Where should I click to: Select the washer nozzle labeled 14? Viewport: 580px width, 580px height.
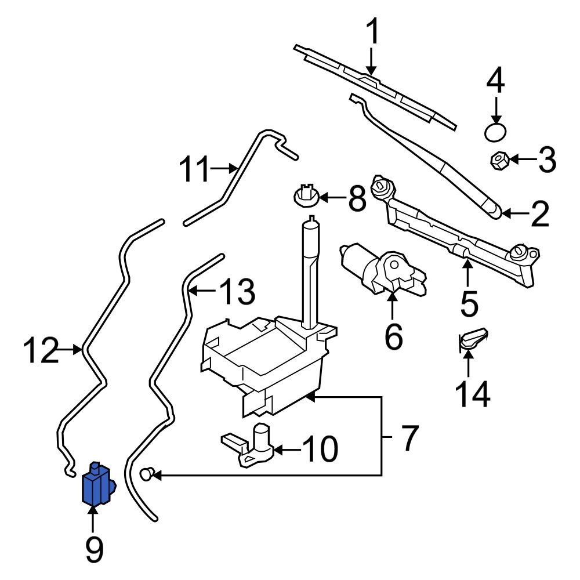(472, 339)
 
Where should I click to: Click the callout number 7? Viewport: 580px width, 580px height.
(408, 438)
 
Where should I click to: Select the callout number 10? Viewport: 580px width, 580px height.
(320, 449)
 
